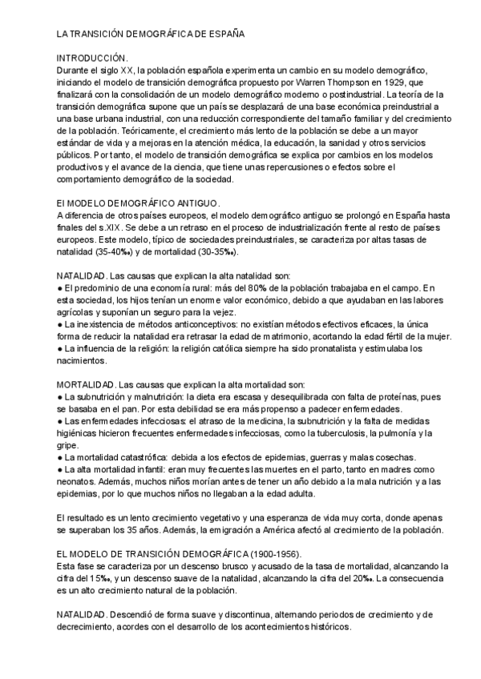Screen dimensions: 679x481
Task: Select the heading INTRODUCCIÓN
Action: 92,58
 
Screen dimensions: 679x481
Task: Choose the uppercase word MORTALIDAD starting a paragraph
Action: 86,383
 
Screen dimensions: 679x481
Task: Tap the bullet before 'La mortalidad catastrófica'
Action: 59,456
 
